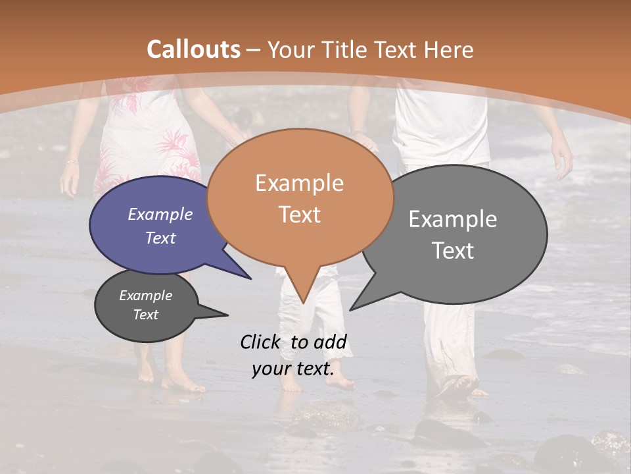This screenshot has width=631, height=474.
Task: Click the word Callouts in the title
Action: [193, 49]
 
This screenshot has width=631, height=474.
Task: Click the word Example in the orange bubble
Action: [299, 183]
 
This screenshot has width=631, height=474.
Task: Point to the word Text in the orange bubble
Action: [299, 215]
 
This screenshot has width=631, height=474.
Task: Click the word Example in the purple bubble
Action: [160, 214]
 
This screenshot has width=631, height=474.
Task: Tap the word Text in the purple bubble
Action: [160, 238]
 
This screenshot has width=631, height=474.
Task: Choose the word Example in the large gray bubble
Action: [453, 219]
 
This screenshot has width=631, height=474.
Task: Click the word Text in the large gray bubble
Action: [453, 251]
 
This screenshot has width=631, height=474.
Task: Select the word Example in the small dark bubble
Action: [145, 296]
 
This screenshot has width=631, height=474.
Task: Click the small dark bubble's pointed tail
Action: [223, 315]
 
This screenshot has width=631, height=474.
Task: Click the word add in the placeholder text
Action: [330, 342]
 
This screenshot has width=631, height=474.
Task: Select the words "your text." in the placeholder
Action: [292, 369]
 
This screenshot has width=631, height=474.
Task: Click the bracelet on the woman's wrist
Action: [71, 162]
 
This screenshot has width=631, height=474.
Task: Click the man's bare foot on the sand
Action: [463, 387]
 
